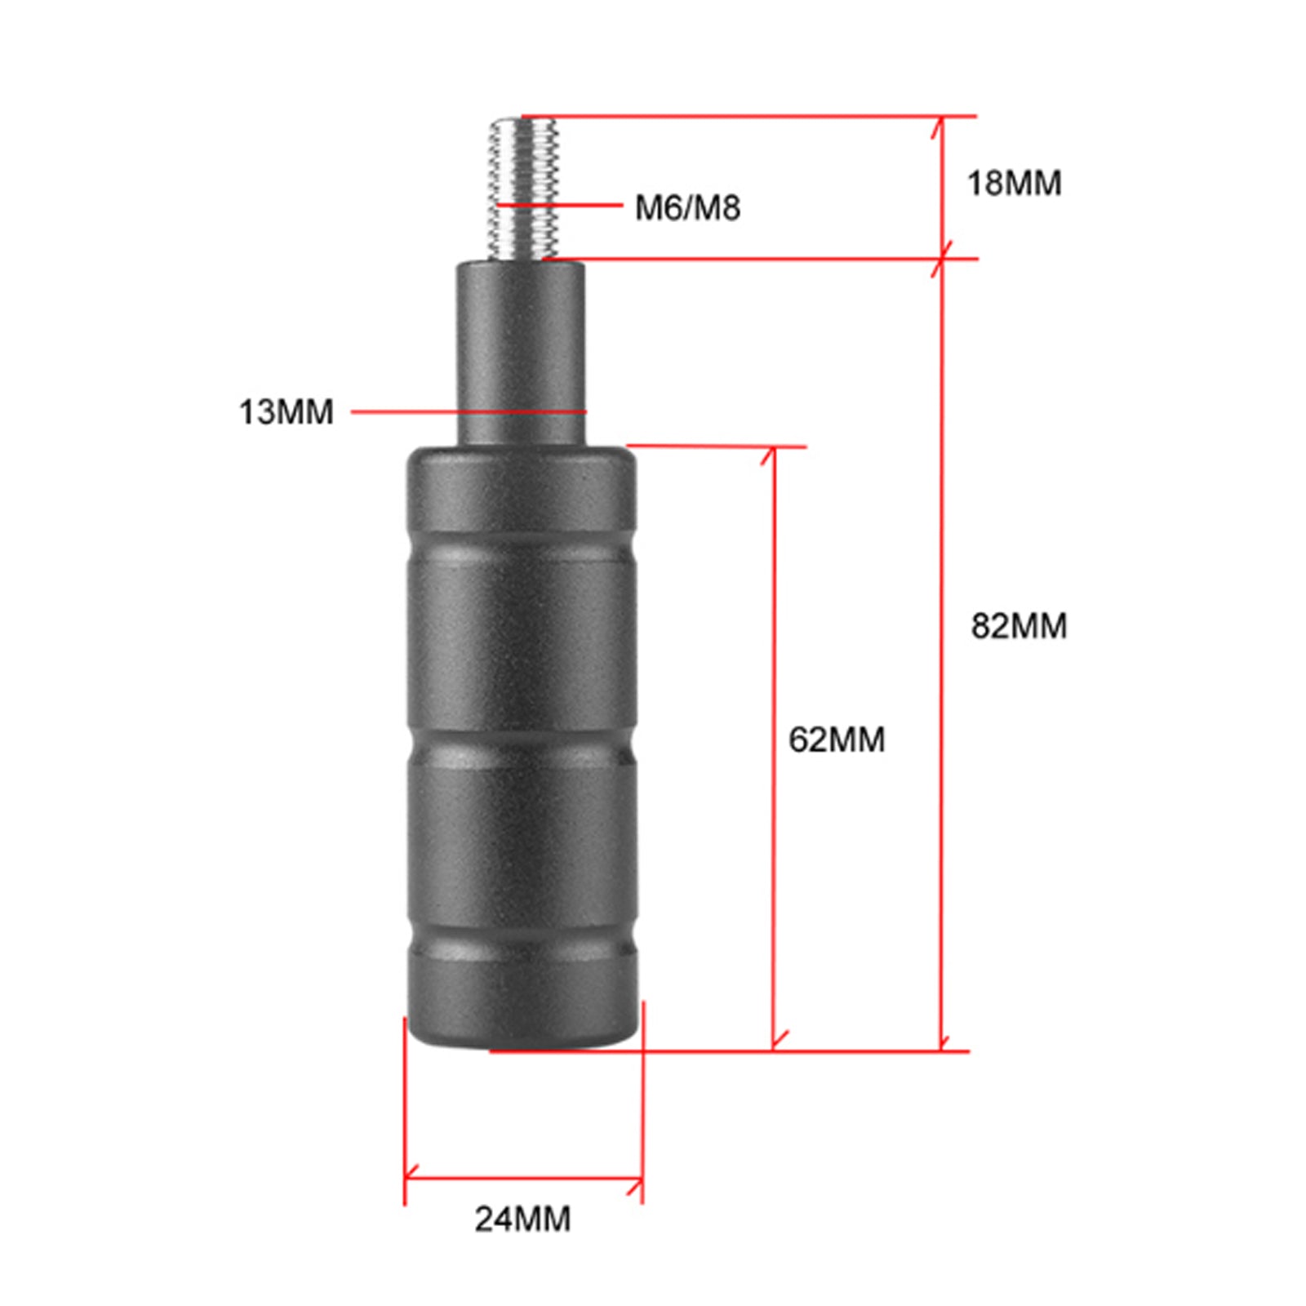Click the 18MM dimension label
click(1014, 183)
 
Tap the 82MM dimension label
click(1019, 626)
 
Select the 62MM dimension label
click(836, 740)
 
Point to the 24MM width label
click(522, 1219)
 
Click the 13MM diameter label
click(286, 411)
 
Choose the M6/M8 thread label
click(687, 207)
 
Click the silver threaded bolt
click(524, 188)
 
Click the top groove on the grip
click(522, 549)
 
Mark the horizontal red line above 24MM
click(522, 1178)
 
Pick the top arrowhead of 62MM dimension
click(772, 454)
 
